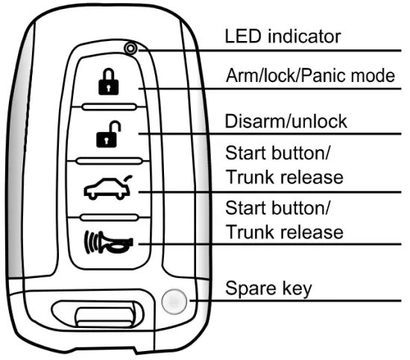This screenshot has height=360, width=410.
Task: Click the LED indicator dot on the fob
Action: pos(131,49)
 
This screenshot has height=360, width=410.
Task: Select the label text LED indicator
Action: pos(283,36)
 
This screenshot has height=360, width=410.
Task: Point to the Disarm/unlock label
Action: pos(286,121)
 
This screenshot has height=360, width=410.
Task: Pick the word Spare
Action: pos(247,287)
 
